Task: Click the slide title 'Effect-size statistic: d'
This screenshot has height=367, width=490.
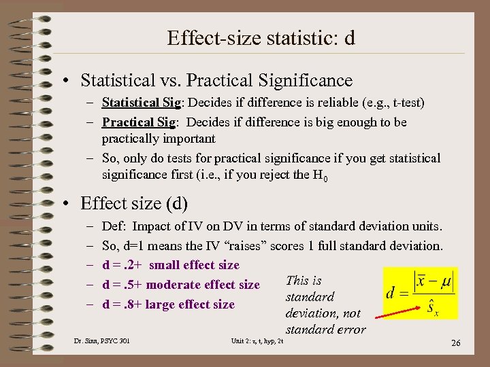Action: (261, 38)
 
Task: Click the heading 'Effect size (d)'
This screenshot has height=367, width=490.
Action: (133, 203)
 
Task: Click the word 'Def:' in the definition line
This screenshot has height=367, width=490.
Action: (114, 226)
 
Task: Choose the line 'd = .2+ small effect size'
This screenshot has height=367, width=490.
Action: (171, 265)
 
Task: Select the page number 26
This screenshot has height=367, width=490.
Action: (455, 343)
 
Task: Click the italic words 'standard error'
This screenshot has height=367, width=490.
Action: (325, 330)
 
